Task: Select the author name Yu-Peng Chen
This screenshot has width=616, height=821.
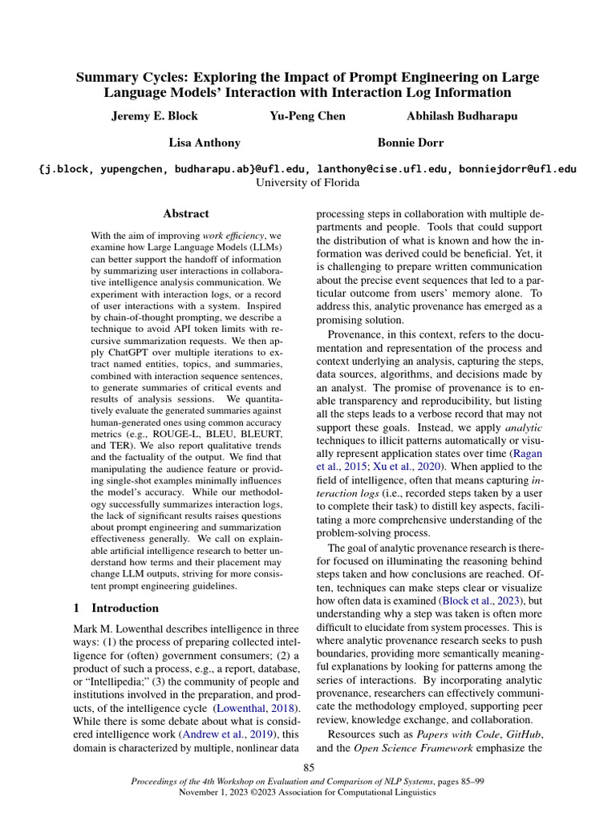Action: point(308,116)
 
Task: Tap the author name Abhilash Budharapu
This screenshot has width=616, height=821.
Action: point(462,116)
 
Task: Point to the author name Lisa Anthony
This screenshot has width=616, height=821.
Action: point(204,143)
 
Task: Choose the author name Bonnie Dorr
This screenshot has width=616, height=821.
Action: point(411,143)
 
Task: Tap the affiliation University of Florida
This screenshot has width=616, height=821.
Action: point(308,182)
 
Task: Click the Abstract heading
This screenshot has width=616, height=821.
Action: point(186,214)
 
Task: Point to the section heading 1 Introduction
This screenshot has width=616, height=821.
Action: point(116,608)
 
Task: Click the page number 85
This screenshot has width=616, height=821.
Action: point(308,769)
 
